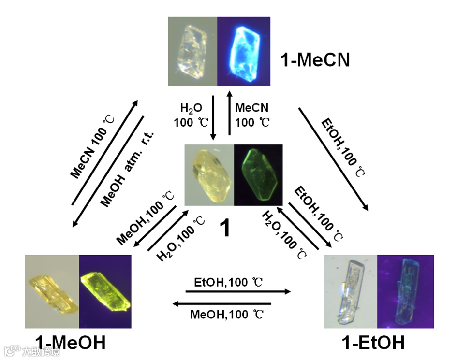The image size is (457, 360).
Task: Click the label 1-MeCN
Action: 315,60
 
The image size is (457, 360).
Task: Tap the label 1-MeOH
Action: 72,343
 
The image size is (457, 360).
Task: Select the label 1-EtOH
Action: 373,343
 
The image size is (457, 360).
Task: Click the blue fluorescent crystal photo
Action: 244,52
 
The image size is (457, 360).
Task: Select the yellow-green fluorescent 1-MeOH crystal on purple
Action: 105,291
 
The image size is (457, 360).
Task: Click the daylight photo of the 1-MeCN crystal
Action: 192,52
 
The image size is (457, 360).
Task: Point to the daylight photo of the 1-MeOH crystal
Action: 52,291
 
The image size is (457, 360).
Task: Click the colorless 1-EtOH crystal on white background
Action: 351,291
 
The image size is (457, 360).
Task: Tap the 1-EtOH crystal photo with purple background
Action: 405,291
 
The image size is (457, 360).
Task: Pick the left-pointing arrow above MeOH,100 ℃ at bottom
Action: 222,303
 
